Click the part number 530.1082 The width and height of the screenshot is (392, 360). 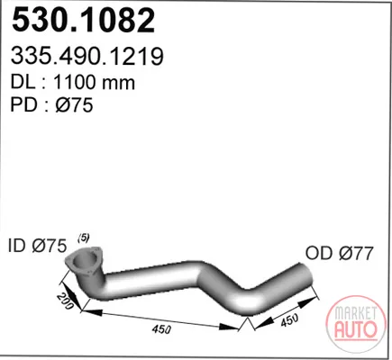tap(84, 21)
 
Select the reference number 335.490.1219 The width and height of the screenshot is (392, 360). tap(87, 56)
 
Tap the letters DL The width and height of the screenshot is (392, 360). tap(23, 82)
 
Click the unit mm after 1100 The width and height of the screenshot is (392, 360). tap(118, 84)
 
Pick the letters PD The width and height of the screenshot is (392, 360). tap(23, 105)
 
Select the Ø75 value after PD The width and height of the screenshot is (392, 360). tap(74, 105)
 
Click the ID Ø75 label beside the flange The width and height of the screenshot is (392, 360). tap(37, 247)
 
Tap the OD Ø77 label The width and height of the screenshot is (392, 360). tap(339, 253)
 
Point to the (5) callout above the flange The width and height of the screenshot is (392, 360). tap(84, 238)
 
